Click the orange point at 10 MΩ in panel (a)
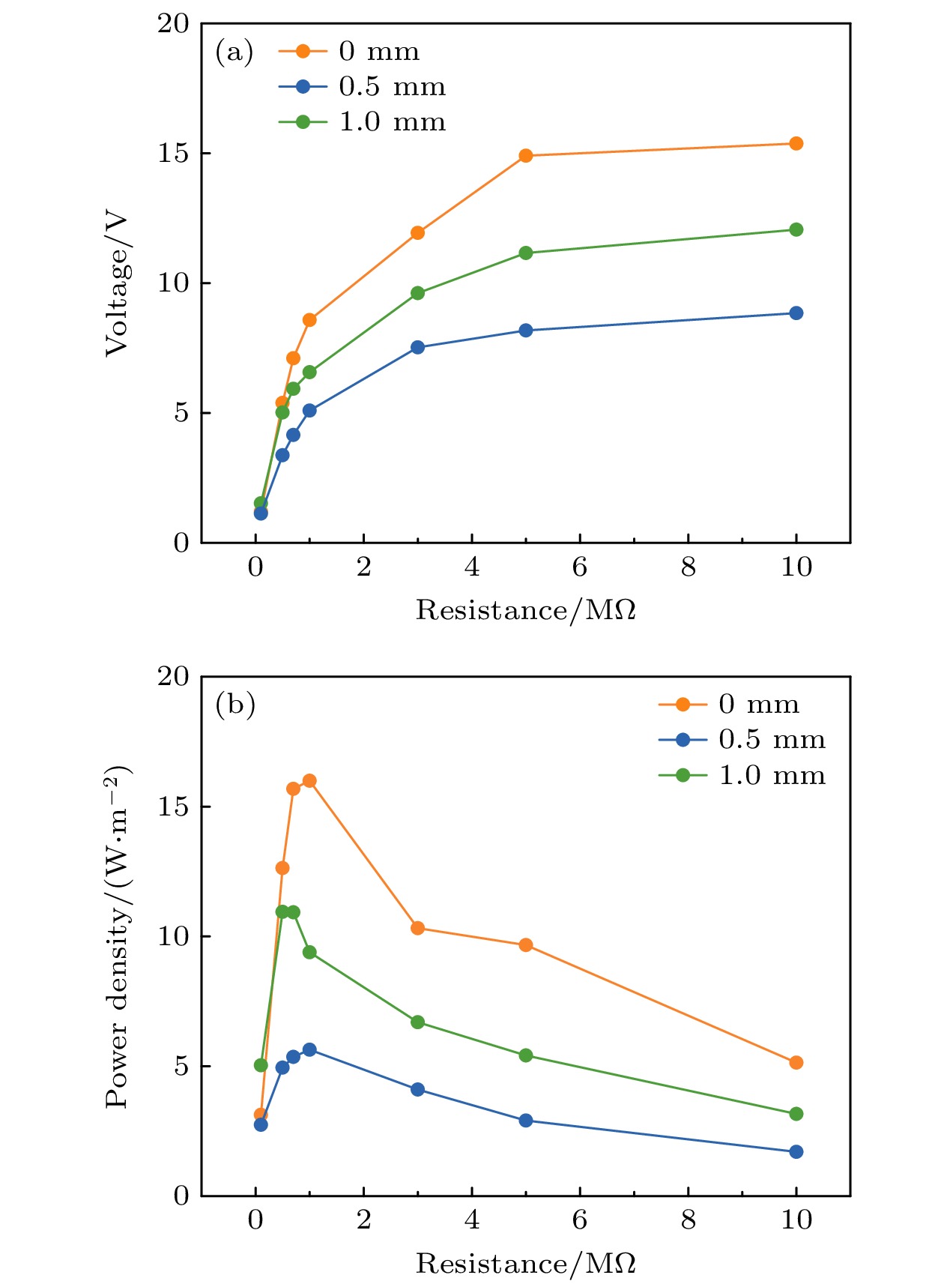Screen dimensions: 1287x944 (796, 143)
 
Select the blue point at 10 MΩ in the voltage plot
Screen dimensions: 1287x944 (796, 313)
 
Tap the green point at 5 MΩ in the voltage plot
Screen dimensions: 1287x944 (525, 253)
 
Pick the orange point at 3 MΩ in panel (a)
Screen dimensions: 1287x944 (417, 232)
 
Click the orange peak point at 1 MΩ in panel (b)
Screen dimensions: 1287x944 (309, 780)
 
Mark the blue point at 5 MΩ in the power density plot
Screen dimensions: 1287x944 (525, 1120)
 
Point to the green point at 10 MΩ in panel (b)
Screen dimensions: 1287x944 (796, 1113)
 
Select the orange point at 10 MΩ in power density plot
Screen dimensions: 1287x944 (796, 1062)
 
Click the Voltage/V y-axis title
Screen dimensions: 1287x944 (118, 285)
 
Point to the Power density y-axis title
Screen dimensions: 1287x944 (118, 937)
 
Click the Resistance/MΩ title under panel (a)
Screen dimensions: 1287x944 (525, 610)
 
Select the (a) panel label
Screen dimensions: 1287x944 (234, 52)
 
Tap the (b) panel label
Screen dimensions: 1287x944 (235, 705)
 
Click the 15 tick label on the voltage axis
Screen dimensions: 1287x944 (173, 153)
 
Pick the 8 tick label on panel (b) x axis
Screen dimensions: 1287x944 (688, 1220)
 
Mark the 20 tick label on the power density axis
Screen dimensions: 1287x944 (173, 676)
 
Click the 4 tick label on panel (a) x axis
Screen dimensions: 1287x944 (471, 567)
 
